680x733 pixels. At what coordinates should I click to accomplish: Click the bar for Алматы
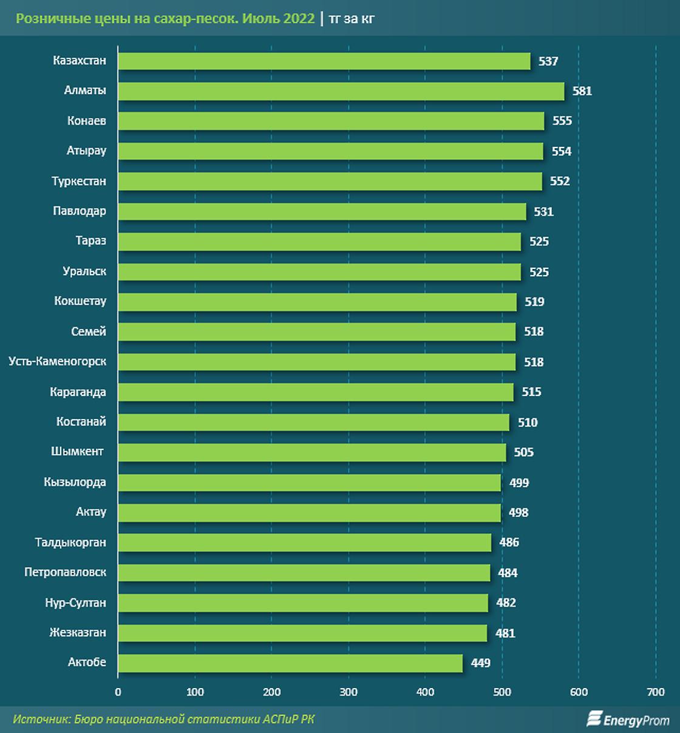click(341, 91)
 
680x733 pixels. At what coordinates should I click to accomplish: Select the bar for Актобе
click(290, 663)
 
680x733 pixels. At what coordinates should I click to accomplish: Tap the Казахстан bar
click(324, 61)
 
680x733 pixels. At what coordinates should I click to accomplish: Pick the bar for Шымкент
click(311, 452)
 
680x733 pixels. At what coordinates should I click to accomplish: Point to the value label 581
click(582, 91)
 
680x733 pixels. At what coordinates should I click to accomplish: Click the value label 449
click(480, 663)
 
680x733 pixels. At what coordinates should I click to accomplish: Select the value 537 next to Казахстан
click(548, 61)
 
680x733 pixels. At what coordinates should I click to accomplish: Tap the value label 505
click(523, 452)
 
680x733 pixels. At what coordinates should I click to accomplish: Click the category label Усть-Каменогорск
click(58, 362)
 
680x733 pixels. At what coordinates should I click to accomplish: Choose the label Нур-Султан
click(75, 603)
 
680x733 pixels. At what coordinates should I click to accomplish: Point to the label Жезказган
click(78, 633)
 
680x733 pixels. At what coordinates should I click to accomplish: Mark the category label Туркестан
click(79, 182)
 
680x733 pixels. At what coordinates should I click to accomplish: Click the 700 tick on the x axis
click(656, 692)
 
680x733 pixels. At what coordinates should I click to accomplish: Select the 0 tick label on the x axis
click(118, 692)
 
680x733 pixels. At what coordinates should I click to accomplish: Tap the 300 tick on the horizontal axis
click(348, 692)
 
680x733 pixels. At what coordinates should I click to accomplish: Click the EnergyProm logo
click(627, 720)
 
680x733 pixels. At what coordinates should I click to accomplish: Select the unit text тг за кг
click(352, 19)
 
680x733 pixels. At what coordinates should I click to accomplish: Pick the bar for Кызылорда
click(309, 483)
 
